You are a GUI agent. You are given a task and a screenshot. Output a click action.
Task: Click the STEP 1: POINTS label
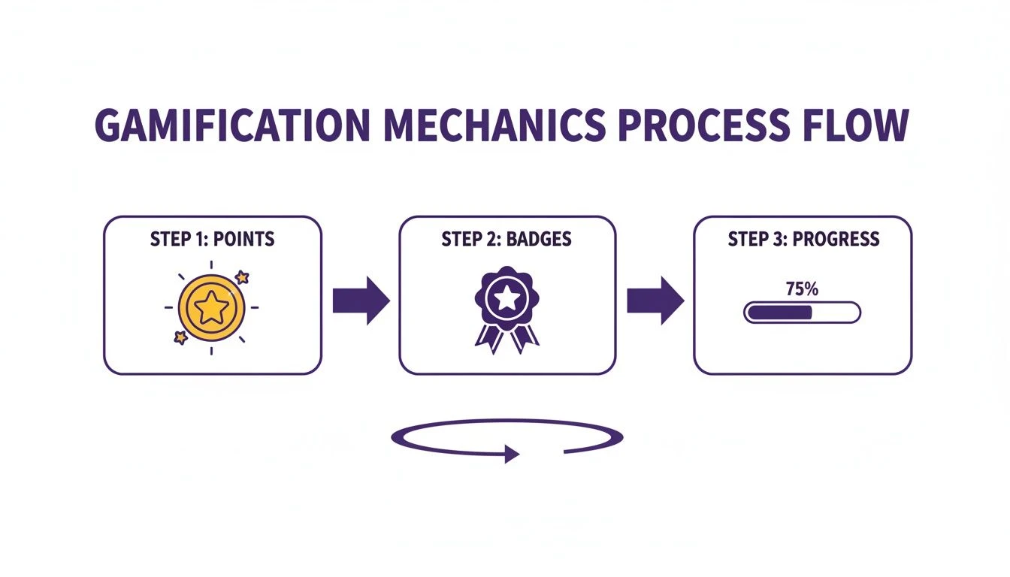click(x=213, y=240)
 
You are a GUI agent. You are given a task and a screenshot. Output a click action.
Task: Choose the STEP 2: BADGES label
click(x=507, y=240)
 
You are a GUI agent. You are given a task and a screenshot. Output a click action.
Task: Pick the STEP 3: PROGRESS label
click(x=803, y=240)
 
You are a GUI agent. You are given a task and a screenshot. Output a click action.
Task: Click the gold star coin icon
click(x=211, y=307)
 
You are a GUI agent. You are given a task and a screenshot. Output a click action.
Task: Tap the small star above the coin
click(x=242, y=277)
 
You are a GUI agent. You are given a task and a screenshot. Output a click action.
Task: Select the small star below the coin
click(x=180, y=337)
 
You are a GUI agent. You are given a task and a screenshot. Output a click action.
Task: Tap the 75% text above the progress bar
click(x=802, y=288)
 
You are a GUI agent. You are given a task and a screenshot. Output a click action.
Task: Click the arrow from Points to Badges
click(x=361, y=301)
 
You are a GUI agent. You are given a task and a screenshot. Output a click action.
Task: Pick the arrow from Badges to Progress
click(x=655, y=301)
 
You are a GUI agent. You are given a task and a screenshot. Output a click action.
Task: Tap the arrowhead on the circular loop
click(x=512, y=453)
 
